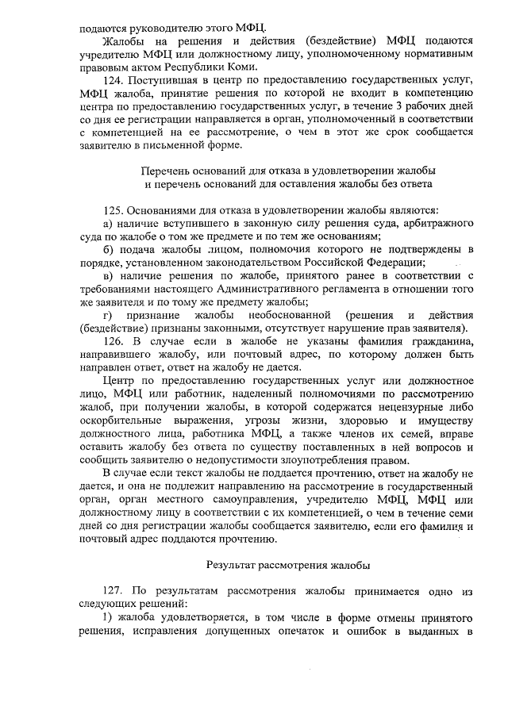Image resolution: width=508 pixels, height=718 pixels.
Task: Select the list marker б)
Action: (110, 249)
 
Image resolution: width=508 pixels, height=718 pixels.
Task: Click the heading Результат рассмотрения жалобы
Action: (288, 566)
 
